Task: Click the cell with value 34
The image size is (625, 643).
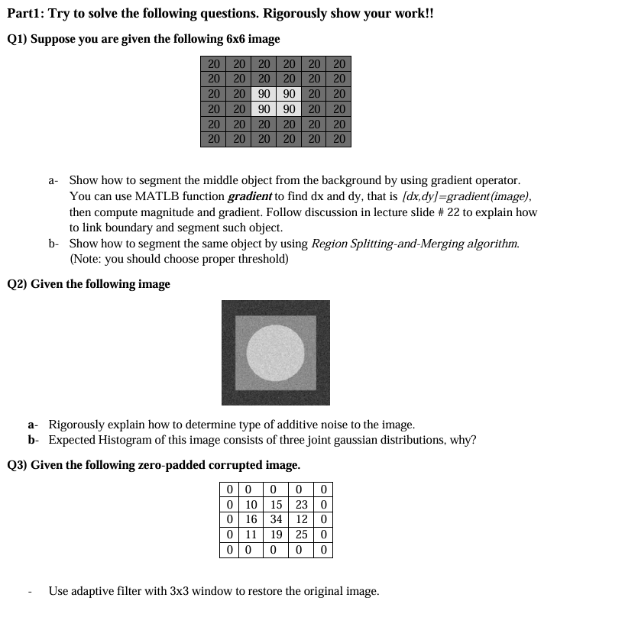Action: (276, 519)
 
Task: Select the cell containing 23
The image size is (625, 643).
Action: (301, 504)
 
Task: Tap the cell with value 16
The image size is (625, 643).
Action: (251, 519)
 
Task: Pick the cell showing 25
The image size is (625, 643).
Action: (301, 535)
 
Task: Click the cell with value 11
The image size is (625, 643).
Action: (251, 535)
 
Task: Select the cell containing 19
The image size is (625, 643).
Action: (276, 535)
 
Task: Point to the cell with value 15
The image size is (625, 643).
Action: (276, 504)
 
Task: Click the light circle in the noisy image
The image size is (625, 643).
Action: (276, 353)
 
